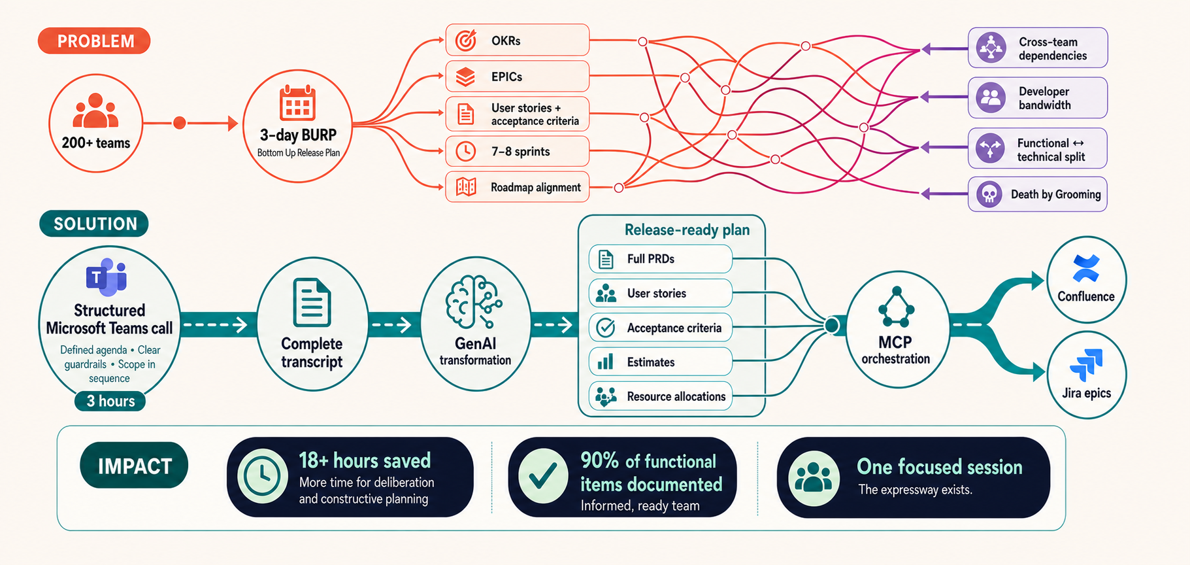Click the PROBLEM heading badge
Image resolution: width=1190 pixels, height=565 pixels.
(x=94, y=41)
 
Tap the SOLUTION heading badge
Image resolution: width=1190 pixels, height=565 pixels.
(x=94, y=224)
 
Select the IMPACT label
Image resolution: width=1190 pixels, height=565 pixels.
(x=134, y=466)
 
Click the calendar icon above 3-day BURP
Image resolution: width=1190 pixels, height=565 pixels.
(x=297, y=103)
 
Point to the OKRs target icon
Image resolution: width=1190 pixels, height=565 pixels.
(x=466, y=40)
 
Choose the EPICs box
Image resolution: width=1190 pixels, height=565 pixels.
(x=517, y=77)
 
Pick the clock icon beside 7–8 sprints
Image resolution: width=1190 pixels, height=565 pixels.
(x=465, y=152)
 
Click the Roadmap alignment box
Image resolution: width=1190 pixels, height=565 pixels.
(x=517, y=187)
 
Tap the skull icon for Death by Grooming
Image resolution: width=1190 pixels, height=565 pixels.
(x=989, y=194)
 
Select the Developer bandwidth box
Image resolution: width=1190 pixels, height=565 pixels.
(x=1038, y=98)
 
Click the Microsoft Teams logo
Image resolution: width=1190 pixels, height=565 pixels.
(x=107, y=277)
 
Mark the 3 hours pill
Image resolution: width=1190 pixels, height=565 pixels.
(x=110, y=401)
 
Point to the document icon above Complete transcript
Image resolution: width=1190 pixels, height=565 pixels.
(x=312, y=302)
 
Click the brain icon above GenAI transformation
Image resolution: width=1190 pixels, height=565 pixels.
(x=474, y=301)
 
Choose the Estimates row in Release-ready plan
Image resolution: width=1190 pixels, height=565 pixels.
(x=660, y=362)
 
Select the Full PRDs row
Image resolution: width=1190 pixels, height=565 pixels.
(x=660, y=259)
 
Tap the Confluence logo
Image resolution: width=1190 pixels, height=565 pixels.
(x=1086, y=268)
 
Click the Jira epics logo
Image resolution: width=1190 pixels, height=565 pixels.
(x=1086, y=365)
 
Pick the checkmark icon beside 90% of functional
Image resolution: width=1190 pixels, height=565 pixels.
(x=543, y=477)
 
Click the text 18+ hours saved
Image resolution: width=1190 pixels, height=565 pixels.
(x=365, y=460)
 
